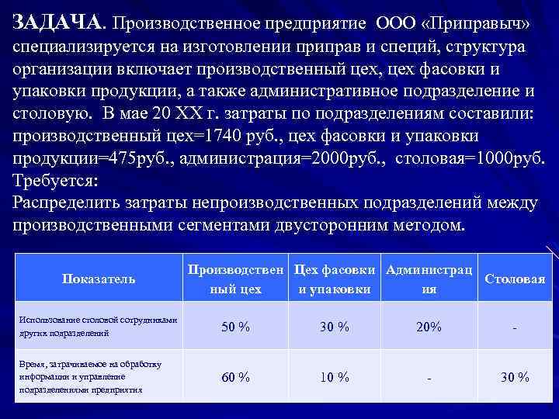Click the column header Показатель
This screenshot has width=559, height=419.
point(98,279)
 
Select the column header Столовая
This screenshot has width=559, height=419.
point(515,279)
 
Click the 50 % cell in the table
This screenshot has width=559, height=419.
point(235,327)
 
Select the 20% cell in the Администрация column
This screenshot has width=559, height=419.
point(429,327)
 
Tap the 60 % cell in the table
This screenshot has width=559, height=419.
point(235,377)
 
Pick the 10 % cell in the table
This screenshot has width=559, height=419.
point(335,377)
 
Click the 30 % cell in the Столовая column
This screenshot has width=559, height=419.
point(515,377)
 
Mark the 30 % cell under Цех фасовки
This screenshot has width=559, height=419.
point(335,327)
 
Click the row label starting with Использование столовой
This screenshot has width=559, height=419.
point(98,326)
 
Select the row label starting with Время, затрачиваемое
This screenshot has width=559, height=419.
point(98,376)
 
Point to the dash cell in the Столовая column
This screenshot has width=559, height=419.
point(515,327)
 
